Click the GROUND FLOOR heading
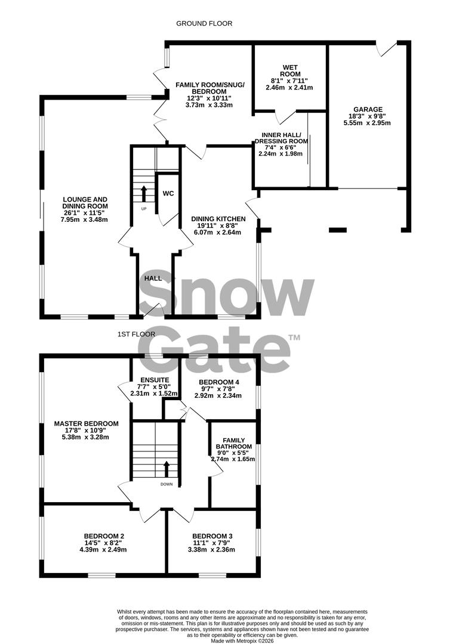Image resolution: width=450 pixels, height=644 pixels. [x=204, y=23]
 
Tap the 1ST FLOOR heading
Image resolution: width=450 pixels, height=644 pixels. [x=137, y=335]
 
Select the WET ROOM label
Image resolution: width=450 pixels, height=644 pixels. [x=289, y=70]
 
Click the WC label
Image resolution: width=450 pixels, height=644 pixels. [x=168, y=193]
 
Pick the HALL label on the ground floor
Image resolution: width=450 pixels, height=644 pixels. [x=153, y=278]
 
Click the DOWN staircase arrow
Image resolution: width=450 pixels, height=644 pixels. [x=167, y=468]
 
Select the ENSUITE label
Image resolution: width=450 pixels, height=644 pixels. [x=155, y=379]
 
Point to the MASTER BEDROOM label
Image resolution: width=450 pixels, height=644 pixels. [x=86, y=423]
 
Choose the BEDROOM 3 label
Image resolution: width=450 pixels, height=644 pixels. [x=212, y=536]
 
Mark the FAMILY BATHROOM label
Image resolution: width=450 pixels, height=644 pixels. [x=233, y=444]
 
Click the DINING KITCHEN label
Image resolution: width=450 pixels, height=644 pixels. [x=218, y=219]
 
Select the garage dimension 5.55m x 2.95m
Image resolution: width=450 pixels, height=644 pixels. [x=367, y=123]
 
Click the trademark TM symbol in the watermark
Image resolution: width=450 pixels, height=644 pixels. [x=294, y=338]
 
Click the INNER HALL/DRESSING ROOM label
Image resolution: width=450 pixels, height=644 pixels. [x=281, y=138]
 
